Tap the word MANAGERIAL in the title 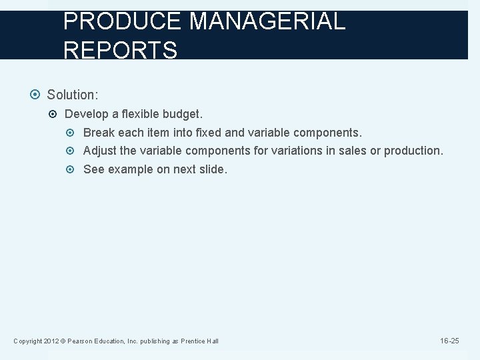(267, 21)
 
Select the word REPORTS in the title (120, 50)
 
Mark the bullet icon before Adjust (73, 151)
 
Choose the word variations (295, 151)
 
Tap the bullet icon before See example (73, 170)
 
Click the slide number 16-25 (449, 341)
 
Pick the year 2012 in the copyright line (52, 341)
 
